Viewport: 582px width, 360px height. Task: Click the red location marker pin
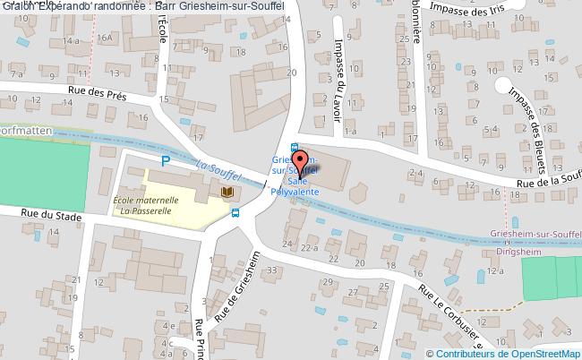click(298, 161)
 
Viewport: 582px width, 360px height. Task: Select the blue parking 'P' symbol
click(165, 161)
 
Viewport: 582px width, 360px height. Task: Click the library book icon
click(227, 192)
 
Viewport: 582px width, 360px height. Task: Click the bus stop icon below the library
click(235, 213)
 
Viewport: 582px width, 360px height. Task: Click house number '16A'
click(105, 38)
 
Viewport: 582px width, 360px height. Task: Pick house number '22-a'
click(310, 247)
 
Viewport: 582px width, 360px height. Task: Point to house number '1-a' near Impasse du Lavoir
click(348, 132)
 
